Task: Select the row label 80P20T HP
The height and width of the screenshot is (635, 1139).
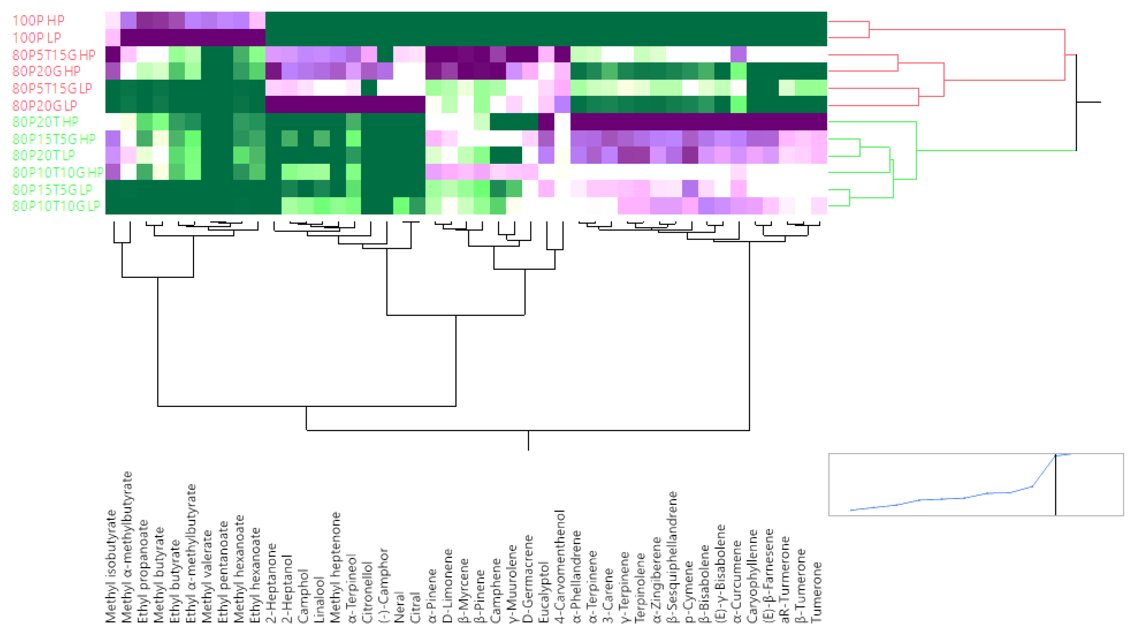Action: [x=45, y=122]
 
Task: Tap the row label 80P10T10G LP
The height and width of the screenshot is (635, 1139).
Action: [x=56, y=206]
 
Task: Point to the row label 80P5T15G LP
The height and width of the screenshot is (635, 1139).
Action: [x=52, y=88]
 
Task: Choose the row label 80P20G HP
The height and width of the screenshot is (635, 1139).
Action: [x=46, y=71]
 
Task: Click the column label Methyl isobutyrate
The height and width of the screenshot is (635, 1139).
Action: [x=112, y=566]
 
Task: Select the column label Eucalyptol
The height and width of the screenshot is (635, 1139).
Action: [x=545, y=592]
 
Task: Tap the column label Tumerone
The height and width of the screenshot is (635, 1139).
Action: [x=818, y=592]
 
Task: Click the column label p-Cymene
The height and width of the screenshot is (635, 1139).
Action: [x=689, y=592]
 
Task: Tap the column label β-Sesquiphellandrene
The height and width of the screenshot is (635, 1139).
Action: [x=673, y=557]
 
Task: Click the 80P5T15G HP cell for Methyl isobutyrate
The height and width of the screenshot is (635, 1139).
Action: [x=113, y=54]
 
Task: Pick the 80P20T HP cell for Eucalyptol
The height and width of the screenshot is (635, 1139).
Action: [x=546, y=122]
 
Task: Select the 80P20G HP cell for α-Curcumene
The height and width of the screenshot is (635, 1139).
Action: [x=739, y=71]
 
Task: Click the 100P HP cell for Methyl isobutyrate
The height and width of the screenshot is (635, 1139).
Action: [x=113, y=20]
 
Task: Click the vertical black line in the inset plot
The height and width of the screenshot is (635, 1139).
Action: [x=1055, y=486]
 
